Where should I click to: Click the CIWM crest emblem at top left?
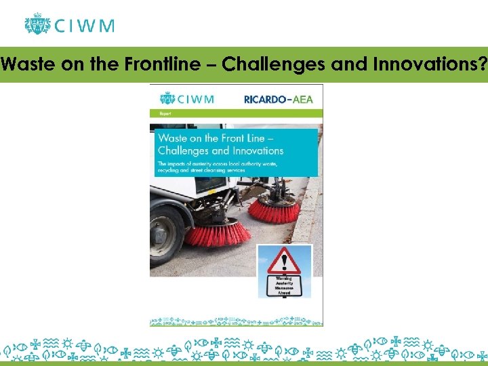[x=38, y=24]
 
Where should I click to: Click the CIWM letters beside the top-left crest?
[x=84, y=26]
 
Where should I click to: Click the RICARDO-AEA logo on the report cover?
[x=279, y=99]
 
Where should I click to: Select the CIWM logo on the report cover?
[x=186, y=99]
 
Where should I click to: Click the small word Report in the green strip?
[x=165, y=114]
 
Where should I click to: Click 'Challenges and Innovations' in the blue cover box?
[x=220, y=150]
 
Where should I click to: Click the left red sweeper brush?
[x=216, y=232]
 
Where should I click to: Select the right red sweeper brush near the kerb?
[x=274, y=209]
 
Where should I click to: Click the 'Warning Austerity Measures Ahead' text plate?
[x=284, y=285]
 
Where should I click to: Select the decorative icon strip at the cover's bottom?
[x=236, y=319]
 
